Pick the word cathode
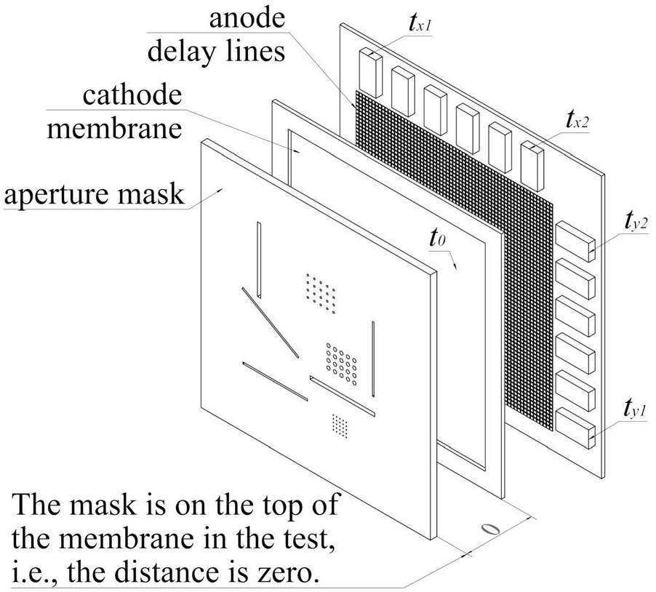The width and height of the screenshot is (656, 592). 132,96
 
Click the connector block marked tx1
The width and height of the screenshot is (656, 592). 371,70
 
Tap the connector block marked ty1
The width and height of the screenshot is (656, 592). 575,426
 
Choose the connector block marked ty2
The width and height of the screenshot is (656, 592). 575,241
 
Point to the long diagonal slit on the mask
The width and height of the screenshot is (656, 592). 271,322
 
